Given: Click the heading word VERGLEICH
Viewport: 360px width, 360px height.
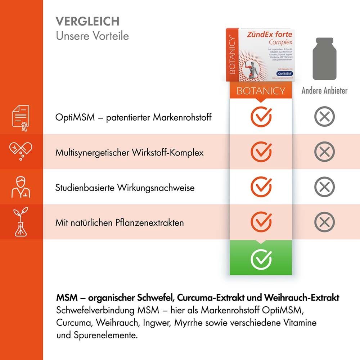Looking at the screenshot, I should pos(87,21).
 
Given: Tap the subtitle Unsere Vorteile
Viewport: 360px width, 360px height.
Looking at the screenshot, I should pos(92,36).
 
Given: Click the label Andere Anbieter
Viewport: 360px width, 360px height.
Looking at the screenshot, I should pos(324,90).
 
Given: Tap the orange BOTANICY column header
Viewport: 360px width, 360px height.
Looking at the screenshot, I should pos(261,91).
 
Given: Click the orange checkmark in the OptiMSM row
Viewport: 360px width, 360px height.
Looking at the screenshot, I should pos(261,116).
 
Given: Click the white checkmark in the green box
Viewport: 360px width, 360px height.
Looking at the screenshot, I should pos(261,257).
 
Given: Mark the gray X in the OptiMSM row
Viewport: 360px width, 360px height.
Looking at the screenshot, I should pos(324,117).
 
